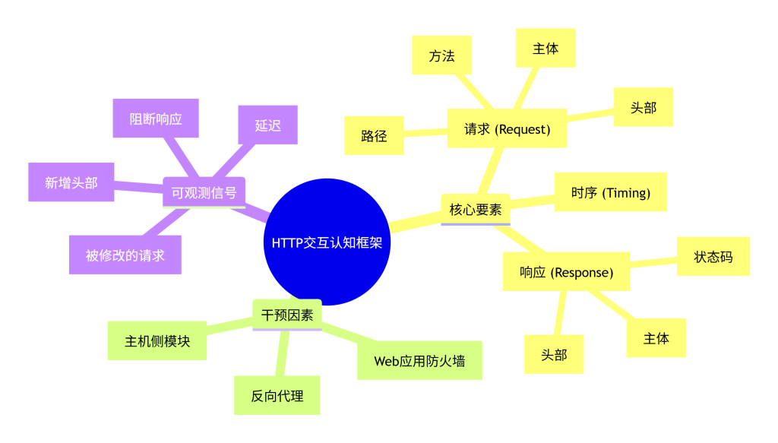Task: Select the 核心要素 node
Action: (x=476, y=209)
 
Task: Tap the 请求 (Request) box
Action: (x=507, y=129)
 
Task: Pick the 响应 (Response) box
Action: (x=566, y=272)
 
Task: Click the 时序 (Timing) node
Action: (x=611, y=192)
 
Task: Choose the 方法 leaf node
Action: (x=441, y=55)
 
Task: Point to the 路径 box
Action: (x=374, y=136)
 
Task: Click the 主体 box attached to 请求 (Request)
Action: (x=546, y=48)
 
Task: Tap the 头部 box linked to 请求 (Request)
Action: (x=643, y=107)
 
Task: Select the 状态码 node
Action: (x=713, y=256)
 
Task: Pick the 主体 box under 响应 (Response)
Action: (x=656, y=338)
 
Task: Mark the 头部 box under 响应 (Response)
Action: (x=554, y=354)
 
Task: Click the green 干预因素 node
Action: (x=287, y=315)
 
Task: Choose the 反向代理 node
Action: (x=277, y=395)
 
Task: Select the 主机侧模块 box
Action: (x=157, y=341)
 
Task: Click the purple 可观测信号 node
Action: (x=204, y=192)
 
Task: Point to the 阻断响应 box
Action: (x=156, y=118)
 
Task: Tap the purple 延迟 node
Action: (x=267, y=125)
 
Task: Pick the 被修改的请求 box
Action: (x=125, y=255)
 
